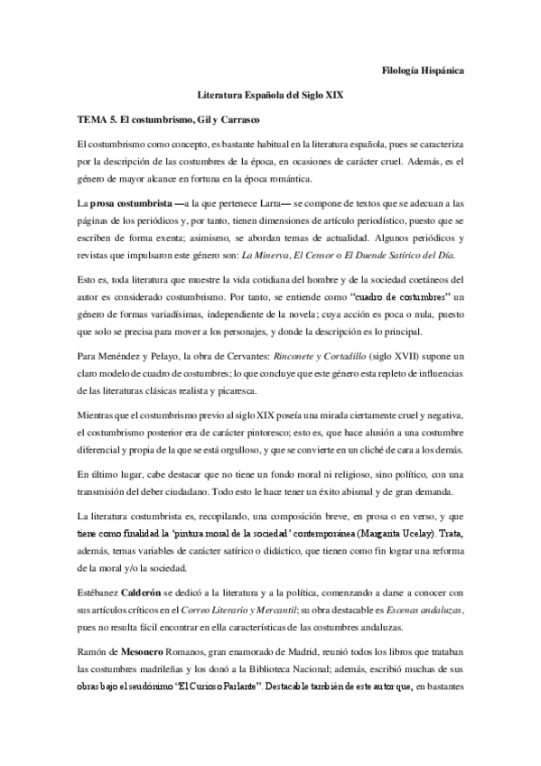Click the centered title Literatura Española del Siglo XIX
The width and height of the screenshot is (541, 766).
point(270,94)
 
